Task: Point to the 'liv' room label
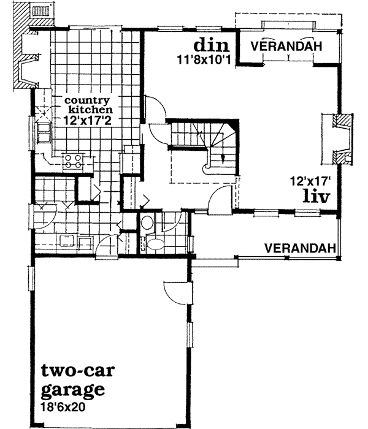316,197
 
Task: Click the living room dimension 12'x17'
310,181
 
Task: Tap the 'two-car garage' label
73,380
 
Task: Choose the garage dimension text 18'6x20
65,405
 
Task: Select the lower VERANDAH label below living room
301,248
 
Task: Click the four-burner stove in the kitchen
74,161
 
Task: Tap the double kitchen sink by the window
44,131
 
